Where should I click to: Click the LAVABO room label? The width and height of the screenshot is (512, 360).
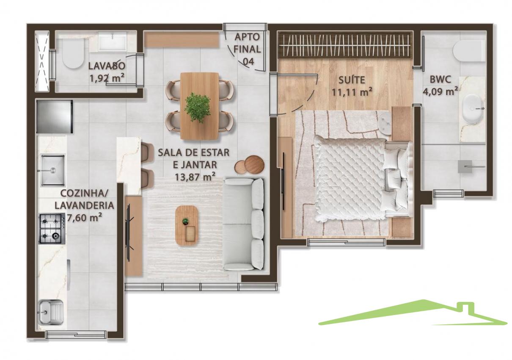click(107, 66)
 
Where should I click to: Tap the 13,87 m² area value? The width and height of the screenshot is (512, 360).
click(195, 177)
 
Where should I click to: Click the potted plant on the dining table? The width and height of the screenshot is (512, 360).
click(198, 108)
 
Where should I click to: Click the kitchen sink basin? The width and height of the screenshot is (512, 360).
click(52, 170)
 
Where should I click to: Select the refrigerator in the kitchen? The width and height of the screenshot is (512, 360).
click(55, 116)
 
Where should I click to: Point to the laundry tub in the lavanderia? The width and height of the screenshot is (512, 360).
click(51, 313)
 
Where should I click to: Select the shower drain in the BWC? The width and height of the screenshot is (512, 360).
click(465, 166)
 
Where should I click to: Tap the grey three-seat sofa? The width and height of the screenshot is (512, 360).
click(244, 224)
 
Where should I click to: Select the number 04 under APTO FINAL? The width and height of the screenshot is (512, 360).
click(248, 61)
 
